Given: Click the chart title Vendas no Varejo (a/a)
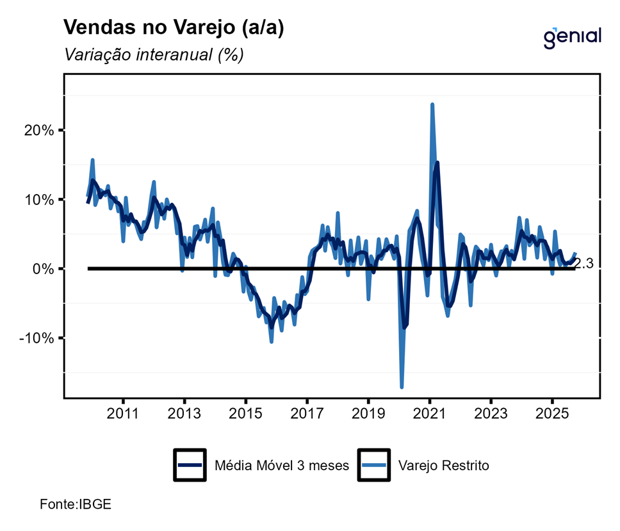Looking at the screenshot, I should click(x=174, y=28).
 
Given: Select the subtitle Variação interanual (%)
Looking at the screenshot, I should click(x=154, y=55).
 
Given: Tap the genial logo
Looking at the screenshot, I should click(x=572, y=37).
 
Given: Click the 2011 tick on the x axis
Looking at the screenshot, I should click(x=123, y=414).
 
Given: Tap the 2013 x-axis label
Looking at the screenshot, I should click(x=184, y=414).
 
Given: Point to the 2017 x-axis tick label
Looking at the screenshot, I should click(x=307, y=414).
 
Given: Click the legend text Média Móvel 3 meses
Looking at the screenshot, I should click(x=282, y=466).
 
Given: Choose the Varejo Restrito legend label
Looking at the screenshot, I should click(x=443, y=466).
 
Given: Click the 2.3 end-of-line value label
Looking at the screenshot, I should click(x=585, y=263).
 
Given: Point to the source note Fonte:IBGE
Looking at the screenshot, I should click(x=76, y=503).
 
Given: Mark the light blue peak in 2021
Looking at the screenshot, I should click(x=432, y=104).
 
